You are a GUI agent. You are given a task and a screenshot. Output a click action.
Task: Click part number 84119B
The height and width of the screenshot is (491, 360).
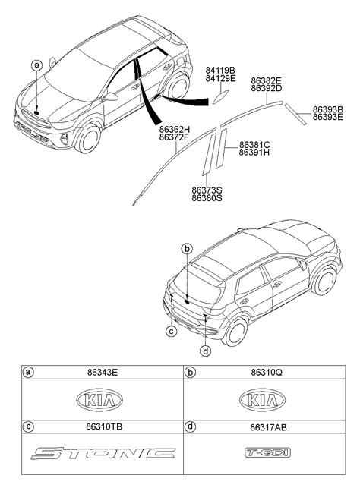point(220,70)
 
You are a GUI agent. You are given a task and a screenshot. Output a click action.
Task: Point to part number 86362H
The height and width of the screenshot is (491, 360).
point(175,130)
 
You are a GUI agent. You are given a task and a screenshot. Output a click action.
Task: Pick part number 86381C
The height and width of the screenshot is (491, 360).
point(254,144)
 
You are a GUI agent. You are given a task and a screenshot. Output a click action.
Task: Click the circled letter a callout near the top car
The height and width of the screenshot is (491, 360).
point(36,65)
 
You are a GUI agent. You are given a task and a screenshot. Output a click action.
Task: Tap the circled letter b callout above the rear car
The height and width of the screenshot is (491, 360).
point(187,248)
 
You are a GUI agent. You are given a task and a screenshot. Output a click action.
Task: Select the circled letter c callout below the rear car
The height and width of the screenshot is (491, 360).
point(172,331)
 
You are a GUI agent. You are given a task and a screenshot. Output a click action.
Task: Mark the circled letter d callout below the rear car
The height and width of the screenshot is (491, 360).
point(205,351)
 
